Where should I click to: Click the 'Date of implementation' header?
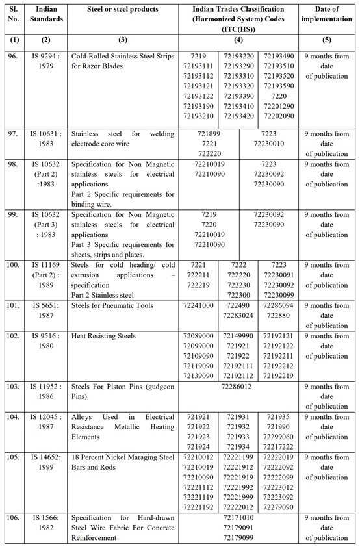pyautogui.click(x=328, y=15)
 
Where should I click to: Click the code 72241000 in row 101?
pyautogui.click(x=199, y=304)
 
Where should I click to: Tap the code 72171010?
pyautogui.click(x=240, y=517)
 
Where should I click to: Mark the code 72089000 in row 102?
pyautogui.click(x=199, y=336)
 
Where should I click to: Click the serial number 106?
pyautogui.click(x=14, y=517)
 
